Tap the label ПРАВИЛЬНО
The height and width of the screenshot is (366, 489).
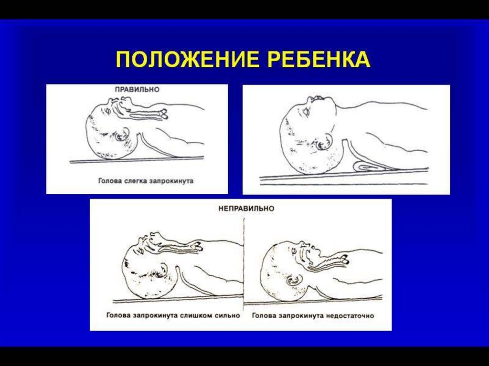pyautogui.click(x=137, y=90)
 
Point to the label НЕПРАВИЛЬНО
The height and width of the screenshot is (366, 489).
pyautogui.click(x=246, y=208)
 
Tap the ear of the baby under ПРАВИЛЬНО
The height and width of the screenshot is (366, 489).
pyautogui.click(x=123, y=135)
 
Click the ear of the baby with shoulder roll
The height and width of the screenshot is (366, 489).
pyautogui.click(x=324, y=142)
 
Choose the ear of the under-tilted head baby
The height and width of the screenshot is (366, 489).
pyautogui.click(x=294, y=280)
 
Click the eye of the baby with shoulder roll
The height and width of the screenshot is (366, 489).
pyautogui.click(x=306, y=111)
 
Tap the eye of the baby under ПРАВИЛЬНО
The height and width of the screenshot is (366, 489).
pyautogui.click(x=107, y=110)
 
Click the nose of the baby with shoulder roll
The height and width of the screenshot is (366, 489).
pyautogui.click(x=311, y=99)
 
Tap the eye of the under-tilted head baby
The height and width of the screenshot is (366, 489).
pyautogui.click(x=294, y=250)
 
